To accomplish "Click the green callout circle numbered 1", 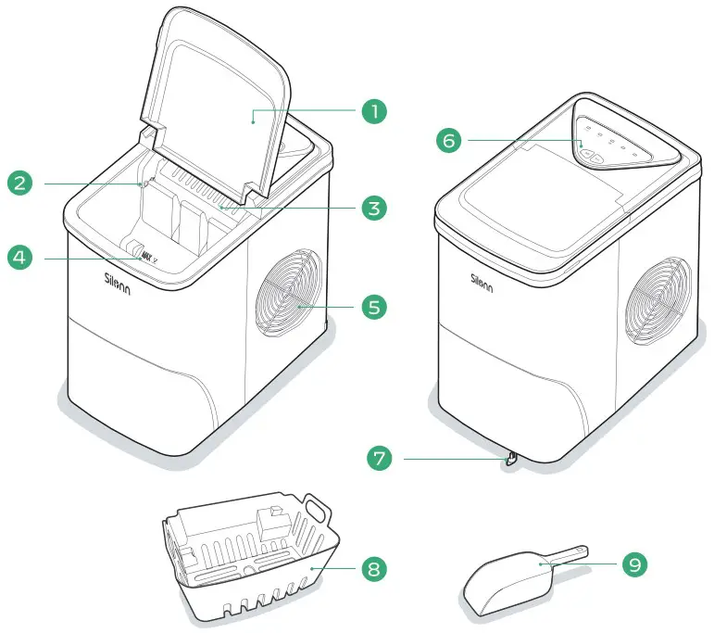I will (x=372, y=112).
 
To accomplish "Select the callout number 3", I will (x=372, y=208).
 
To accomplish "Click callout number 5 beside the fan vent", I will (x=372, y=306).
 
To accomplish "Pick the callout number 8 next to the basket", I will (x=372, y=568).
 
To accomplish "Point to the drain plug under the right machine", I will (x=510, y=459).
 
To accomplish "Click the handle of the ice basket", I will (x=319, y=510).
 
